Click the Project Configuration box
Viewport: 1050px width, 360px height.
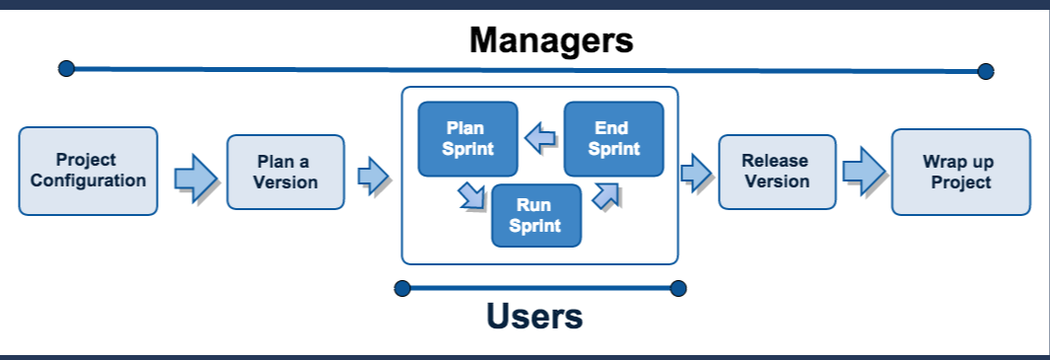88,171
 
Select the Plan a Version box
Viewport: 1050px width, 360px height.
285,172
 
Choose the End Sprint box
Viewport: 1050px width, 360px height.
613,139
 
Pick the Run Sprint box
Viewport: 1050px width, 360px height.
535,215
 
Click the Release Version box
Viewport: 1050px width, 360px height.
776,172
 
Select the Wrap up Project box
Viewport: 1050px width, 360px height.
960,172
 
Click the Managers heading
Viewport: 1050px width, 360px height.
550,40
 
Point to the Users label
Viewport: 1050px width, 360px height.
534,317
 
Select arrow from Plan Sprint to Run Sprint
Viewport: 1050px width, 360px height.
471,194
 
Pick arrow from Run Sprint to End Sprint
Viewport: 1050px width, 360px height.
605,195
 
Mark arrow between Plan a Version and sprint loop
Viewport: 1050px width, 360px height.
373,176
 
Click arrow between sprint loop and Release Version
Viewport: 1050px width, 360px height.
696,173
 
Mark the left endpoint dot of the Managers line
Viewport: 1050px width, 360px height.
66,68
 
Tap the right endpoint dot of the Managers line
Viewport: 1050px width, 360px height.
985,71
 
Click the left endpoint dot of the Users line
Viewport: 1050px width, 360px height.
401,288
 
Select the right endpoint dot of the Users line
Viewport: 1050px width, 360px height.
677,288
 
